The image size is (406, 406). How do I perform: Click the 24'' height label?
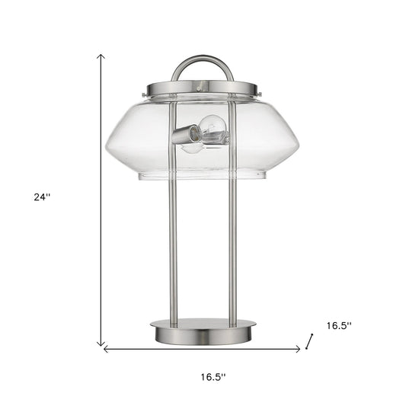pos(42,197)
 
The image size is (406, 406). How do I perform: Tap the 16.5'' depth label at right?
pos(339,325)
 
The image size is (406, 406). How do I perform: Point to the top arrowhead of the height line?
pos(101,56)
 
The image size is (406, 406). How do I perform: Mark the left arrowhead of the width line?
pos(106,350)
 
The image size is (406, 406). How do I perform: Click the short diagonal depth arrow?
pos(309,340)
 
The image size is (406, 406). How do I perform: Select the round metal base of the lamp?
pos(203,332)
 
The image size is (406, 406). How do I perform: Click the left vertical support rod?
pos(173,251)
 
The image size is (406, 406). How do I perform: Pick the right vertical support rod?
pos(232,251)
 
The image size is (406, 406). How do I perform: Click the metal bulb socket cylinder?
pos(185,136)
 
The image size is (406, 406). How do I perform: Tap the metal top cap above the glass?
pos(203,88)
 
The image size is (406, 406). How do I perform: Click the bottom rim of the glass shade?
pos(203,177)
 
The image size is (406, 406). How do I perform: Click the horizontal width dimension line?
pos(203,350)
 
